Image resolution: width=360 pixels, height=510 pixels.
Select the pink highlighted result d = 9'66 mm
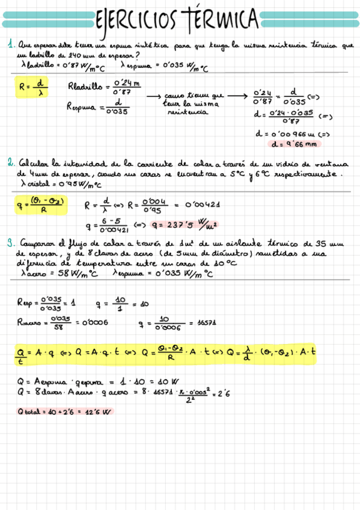pos(294,144)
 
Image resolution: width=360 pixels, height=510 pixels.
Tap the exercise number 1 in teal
pos(11,44)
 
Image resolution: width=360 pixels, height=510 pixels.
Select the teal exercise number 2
pos(11,163)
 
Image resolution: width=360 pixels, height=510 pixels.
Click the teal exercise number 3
pos(11,244)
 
